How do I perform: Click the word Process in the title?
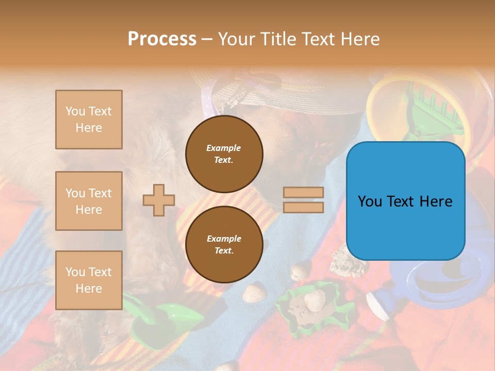[x=162, y=39]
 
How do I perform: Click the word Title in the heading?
[x=277, y=39]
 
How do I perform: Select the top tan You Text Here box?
[x=89, y=120]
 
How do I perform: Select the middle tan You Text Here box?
[x=89, y=201]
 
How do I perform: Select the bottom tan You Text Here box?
[x=89, y=280]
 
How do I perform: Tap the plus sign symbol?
[x=159, y=200]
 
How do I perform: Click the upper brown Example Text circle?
[x=224, y=154]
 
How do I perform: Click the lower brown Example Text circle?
[x=224, y=244]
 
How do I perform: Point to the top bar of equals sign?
[x=303, y=193]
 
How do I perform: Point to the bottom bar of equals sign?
[x=303, y=208]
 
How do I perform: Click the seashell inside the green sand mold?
[x=314, y=299]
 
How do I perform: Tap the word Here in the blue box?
[x=436, y=201]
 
